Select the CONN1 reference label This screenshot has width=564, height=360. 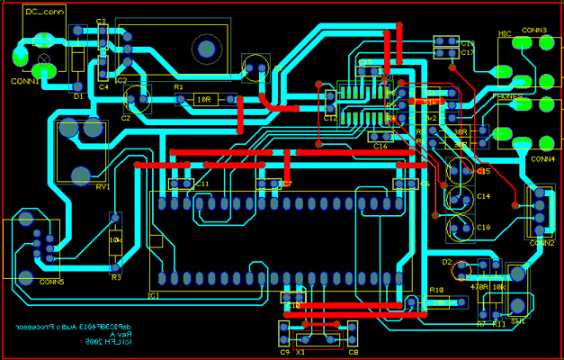pos(24,81)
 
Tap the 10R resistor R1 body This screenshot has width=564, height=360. pos(202,99)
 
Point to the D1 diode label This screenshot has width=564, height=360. pos(78,94)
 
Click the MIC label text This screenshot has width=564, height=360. pos(506,33)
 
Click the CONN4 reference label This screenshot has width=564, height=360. pos(542,158)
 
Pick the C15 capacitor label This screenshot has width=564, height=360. pos(483,171)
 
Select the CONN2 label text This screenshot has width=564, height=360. pos(542,243)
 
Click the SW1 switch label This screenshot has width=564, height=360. pos(518,321)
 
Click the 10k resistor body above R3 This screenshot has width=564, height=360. pos(115,241)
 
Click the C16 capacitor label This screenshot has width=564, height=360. pos(380,146)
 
